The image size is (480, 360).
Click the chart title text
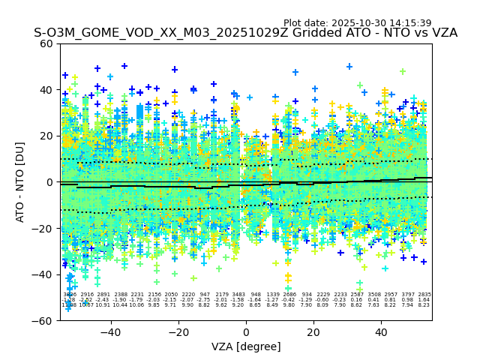click(245, 33)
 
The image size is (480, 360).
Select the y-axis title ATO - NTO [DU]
click(21, 181)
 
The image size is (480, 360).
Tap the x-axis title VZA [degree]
click(246, 346)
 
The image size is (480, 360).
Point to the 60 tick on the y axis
click(46, 43)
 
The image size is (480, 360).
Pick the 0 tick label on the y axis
click(49, 182)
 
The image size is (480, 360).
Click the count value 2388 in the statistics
click(121, 295)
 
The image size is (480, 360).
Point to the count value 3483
click(238, 295)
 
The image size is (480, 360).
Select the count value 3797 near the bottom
click(408, 295)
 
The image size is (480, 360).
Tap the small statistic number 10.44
click(120, 305)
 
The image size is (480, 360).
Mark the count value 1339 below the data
click(272, 295)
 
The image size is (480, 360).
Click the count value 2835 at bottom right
click(424, 295)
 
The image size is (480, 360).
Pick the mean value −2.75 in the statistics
click(205, 300)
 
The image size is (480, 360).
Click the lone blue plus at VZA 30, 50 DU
click(349, 67)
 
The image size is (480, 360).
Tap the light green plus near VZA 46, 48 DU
click(403, 72)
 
